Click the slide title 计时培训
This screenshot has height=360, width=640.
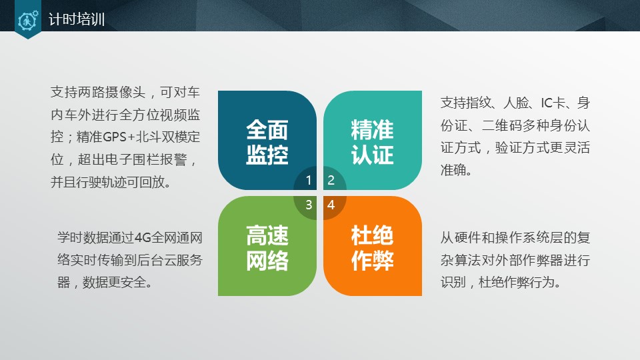[77, 20]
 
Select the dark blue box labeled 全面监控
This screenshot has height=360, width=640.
[267, 140]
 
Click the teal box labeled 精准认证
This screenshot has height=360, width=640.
[373, 140]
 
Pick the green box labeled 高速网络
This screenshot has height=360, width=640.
[267, 247]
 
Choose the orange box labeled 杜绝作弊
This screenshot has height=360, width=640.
[373, 247]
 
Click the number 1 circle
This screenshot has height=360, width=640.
[309, 180]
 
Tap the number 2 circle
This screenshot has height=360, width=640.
[331, 180]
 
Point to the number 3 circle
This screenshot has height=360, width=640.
[309, 205]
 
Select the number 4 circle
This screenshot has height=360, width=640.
[331, 205]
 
